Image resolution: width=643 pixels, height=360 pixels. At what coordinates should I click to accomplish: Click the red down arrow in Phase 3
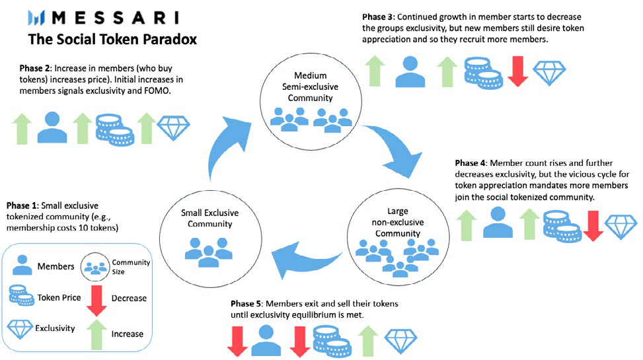(517, 71)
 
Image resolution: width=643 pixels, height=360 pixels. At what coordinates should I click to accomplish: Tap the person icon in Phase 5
(266, 341)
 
